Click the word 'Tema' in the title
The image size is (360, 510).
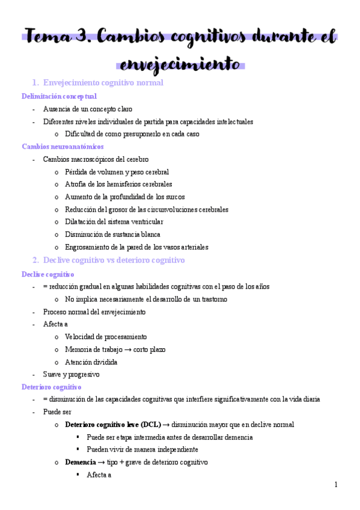48,37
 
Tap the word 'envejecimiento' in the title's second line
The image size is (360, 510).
180,63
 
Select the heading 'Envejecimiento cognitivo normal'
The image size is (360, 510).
103,83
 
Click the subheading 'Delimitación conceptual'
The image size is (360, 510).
59,96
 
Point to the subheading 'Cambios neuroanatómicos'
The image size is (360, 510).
63,146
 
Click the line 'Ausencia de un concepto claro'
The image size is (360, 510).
87,109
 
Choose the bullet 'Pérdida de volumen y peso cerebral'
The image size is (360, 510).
117,172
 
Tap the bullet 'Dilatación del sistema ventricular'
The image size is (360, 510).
114,222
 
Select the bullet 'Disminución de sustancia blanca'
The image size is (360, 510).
112,235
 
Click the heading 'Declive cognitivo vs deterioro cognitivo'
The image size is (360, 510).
114,260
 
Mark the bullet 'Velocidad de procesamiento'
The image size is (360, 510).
106,337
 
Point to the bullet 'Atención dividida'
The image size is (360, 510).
91,362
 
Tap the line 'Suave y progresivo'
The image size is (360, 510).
71,375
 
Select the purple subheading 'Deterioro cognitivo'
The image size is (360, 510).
51,387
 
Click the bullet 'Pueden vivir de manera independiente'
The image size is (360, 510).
142,450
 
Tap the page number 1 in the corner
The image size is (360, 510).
336,485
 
